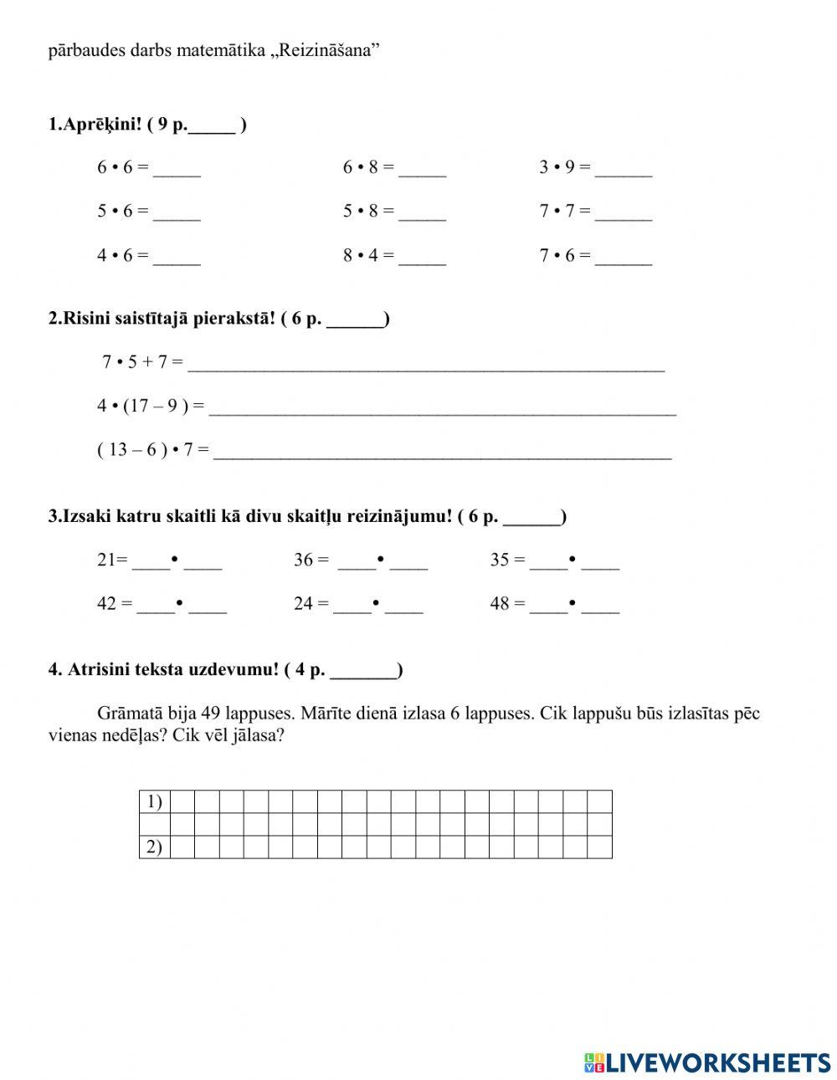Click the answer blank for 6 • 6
click(177, 170)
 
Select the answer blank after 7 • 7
click(624, 213)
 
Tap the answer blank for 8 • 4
click(422, 258)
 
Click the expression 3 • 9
click(557, 167)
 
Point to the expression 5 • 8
click(360, 212)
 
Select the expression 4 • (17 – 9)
click(143, 407)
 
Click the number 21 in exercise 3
click(105, 560)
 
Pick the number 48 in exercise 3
click(500, 604)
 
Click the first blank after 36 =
click(357, 562)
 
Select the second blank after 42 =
click(208, 606)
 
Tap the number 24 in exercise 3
click(303, 604)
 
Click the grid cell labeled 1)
click(154, 801)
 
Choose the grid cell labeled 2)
click(154, 847)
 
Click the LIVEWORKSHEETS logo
click(707, 1062)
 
